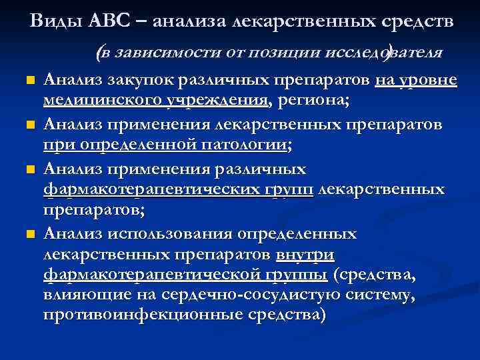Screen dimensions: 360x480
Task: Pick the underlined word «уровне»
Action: [430, 81]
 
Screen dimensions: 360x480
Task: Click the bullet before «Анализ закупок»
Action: [29, 81]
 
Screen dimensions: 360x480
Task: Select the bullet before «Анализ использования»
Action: [29, 235]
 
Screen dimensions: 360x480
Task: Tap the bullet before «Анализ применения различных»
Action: [29, 169]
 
